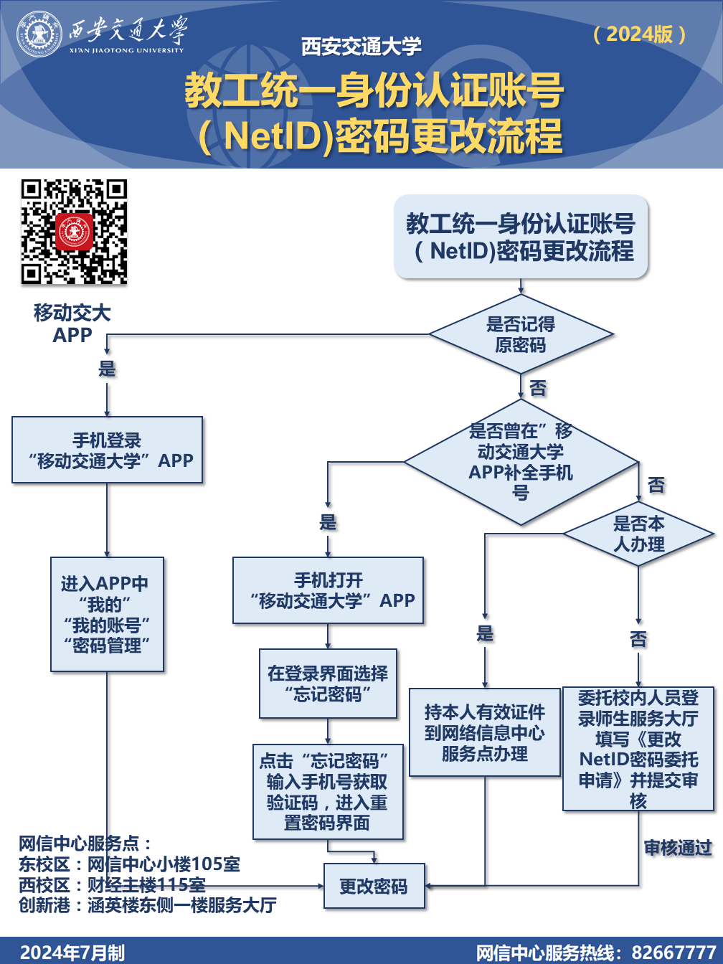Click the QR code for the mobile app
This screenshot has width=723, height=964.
click(74, 232)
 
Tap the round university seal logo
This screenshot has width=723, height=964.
click(40, 34)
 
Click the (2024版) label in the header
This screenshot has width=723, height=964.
click(639, 34)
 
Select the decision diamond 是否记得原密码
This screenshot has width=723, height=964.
click(521, 334)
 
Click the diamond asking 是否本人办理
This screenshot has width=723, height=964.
click(638, 534)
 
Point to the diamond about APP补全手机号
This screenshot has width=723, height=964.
click(521, 461)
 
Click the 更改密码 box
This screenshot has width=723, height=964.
click(373, 887)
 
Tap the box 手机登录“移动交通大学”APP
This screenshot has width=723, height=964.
click(108, 450)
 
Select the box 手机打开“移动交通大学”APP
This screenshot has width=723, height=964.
click(329, 590)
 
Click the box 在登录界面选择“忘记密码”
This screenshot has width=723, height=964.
click(328, 684)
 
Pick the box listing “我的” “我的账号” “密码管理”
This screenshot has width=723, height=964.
click(108, 615)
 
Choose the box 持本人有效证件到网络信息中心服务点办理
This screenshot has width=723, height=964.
click(484, 732)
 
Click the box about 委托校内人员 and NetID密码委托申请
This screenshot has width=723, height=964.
click(638, 749)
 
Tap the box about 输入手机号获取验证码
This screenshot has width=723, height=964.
click(328, 791)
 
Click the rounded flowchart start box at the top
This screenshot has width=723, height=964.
click(521, 237)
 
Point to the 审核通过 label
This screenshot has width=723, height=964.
click(677, 848)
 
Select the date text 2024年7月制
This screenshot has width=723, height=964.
click(72, 953)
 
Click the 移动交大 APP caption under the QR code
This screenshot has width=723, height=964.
click(72, 323)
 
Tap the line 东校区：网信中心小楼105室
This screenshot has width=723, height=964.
click(129, 864)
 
